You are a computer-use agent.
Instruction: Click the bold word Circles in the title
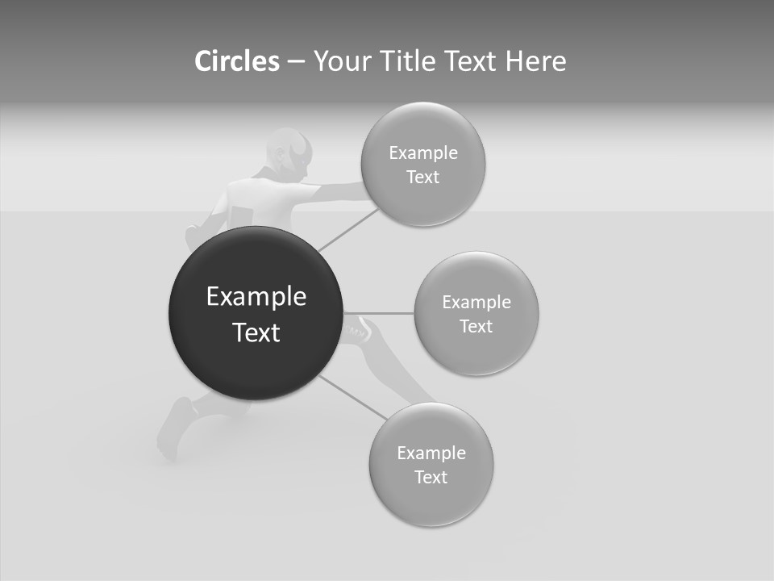pyautogui.click(x=237, y=61)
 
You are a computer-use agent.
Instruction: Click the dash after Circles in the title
pyautogui.click(x=296, y=62)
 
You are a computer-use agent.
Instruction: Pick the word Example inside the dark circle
pyautogui.click(x=256, y=297)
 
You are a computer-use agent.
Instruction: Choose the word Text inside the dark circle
pyautogui.click(x=256, y=332)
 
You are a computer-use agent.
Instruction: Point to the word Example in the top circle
pyautogui.click(x=422, y=153)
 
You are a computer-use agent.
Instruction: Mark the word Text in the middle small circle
pyautogui.click(x=476, y=327)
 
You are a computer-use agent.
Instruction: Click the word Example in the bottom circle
pyautogui.click(x=431, y=454)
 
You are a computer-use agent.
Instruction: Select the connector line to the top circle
pyautogui.click(x=348, y=230)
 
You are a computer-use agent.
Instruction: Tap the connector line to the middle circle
pyautogui.click(x=379, y=313)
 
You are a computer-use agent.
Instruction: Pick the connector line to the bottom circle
pyautogui.click(x=353, y=397)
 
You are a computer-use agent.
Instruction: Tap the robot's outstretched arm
pyautogui.click(x=339, y=192)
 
